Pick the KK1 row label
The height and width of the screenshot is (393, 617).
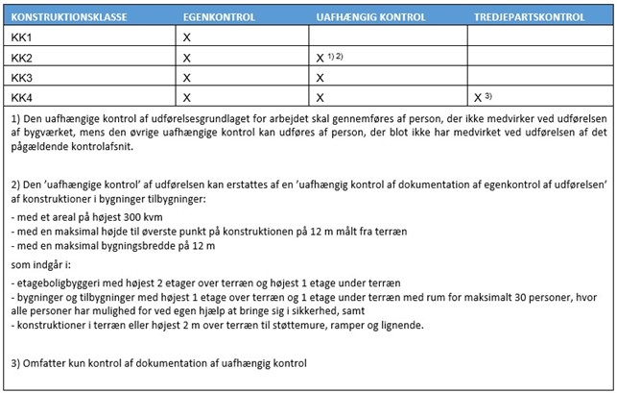21,37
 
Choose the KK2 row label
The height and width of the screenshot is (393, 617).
21,58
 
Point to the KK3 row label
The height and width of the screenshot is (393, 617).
21,78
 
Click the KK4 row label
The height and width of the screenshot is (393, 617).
21,97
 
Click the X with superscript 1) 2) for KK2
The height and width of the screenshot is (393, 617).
320,58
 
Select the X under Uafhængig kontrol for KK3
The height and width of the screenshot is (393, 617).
320,78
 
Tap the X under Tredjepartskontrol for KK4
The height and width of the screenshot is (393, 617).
478,97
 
